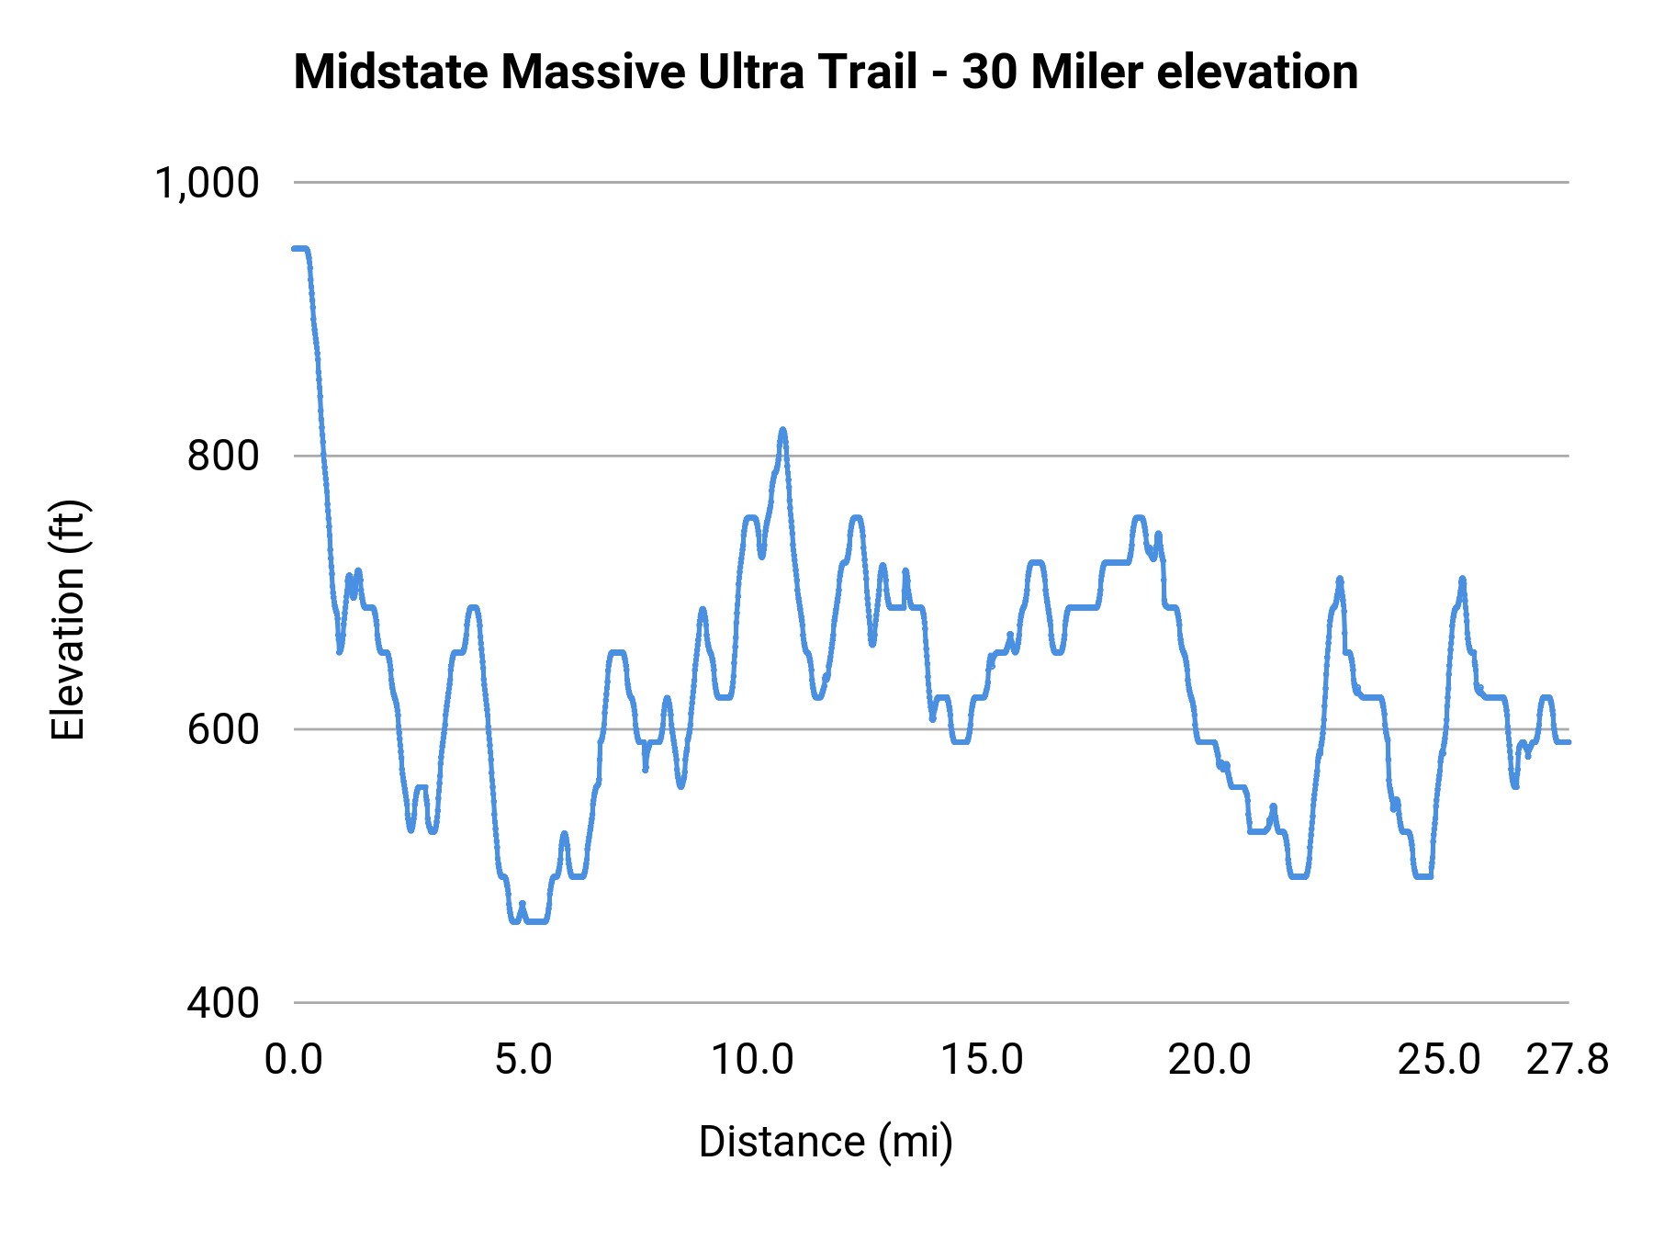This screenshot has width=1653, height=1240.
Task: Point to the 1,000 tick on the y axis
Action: point(207,183)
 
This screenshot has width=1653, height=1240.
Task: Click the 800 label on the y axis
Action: point(223,456)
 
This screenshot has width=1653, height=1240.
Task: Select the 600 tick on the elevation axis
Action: point(223,729)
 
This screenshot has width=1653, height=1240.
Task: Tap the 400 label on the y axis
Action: point(223,1003)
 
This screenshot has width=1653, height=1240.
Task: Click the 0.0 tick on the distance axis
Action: point(294,1060)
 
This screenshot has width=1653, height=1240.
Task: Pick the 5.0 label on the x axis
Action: point(523,1060)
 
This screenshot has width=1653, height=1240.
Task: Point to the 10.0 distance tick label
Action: point(753,1060)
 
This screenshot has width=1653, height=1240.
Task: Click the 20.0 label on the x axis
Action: point(1209,1060)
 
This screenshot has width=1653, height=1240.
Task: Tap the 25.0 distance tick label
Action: point(1439,1060)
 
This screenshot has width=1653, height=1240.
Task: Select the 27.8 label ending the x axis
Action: point(1568,1060)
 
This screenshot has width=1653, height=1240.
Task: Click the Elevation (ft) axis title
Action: point(68,620)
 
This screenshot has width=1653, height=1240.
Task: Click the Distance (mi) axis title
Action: point(826,1142)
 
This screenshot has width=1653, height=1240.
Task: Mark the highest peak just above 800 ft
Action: point(782,430)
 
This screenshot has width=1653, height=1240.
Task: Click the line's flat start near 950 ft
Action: point(299,249)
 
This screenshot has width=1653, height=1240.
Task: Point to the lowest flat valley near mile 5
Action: point(536,920)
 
